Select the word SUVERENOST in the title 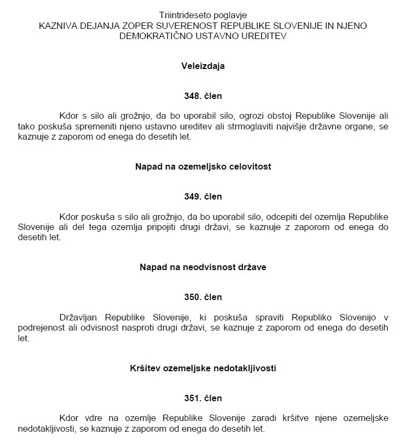191,25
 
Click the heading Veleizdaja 203,66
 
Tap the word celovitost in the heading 249,166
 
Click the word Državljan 80,317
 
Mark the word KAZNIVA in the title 57,25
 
